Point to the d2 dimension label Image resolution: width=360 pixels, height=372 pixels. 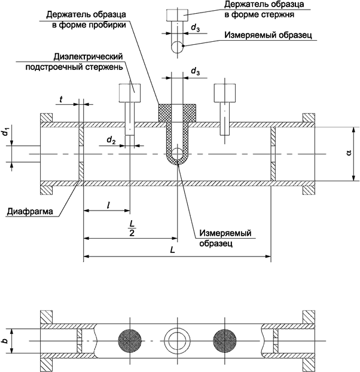(111, 139)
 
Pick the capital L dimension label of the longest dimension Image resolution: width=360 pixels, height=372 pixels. (172, 251)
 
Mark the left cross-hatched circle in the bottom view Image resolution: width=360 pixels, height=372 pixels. (130, 341)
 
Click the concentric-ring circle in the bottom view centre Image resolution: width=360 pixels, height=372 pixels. (178, 341)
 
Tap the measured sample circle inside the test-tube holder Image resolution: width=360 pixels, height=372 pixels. (178, 155)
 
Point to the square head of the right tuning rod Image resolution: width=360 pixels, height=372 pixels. (224, 93)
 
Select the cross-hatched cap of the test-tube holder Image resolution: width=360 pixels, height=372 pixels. (178, 111)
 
